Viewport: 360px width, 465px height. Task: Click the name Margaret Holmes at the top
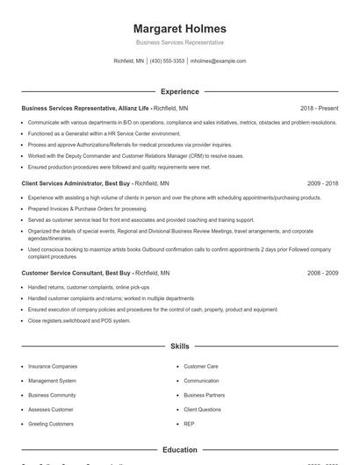point(180,28)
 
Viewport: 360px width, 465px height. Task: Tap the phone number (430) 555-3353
point(167,61)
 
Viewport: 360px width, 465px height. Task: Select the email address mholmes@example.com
point(218,61)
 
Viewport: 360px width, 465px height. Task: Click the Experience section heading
point(180,91)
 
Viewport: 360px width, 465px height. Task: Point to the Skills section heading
point(180,347)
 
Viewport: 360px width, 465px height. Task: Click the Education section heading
point(180,449)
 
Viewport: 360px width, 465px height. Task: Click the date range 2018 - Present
point(319,108)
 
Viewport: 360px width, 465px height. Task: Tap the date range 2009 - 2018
point(322,183)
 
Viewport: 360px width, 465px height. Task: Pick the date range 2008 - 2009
point(322,273)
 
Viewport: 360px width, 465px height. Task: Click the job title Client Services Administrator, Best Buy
point(76,183)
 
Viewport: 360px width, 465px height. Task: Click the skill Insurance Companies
point(53,366)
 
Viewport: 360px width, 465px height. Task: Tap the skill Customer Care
point(201,366)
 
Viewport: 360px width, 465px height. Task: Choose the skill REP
point(190,424)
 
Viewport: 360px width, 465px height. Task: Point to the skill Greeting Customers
point(51,424)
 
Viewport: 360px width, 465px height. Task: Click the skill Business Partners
point(205,395)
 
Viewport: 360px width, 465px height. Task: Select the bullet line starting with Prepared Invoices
point(75,209)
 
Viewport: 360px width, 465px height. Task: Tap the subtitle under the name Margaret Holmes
point(180,42)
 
